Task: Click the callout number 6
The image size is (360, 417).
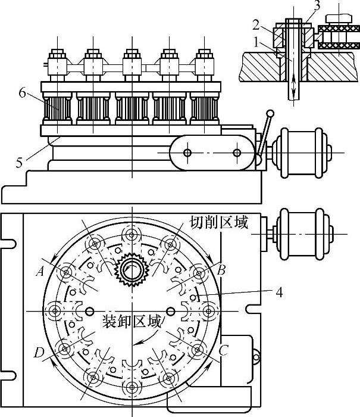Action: click(x=23, y=93)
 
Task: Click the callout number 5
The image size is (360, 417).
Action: click(x=19, y=163)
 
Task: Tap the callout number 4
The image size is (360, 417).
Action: click(x=279, y=292)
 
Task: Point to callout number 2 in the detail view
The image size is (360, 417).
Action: click(x=256, y=25)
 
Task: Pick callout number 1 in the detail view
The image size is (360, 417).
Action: click(x=256, y=42)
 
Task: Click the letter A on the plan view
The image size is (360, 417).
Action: click(x=40, y=272)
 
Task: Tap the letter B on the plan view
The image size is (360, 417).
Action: click(x=221, y=270)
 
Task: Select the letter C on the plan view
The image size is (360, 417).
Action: click(x=223, y=350)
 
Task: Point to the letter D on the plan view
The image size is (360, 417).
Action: click(x=39, y=353)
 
